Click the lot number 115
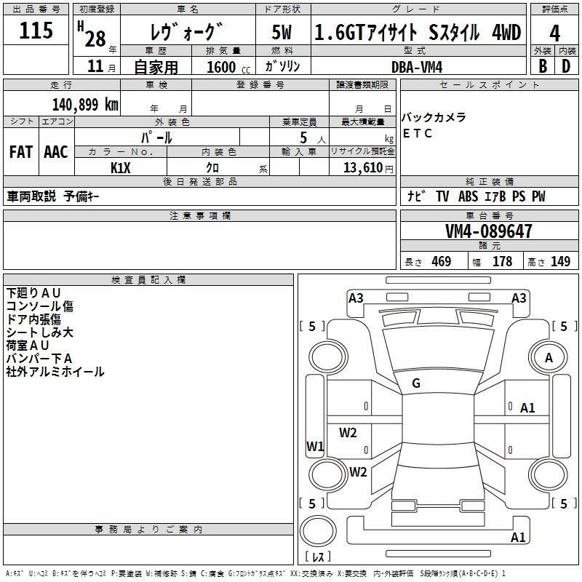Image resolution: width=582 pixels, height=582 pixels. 36,30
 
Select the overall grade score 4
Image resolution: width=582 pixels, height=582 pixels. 554,33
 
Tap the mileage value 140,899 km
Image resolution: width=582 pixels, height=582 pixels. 85,105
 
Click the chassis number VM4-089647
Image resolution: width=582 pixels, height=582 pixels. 488,231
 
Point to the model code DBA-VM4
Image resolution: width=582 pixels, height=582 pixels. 417,67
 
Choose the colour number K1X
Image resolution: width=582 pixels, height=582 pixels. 121,168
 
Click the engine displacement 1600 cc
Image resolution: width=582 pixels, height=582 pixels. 228,67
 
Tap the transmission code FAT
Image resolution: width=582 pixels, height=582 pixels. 21,152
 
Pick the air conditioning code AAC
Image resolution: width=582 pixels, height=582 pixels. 56,152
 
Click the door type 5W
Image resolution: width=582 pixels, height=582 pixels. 282,32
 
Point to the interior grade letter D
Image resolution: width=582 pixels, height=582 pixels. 566,66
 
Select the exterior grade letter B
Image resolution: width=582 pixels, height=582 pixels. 543,66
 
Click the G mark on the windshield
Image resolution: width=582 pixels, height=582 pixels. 416,383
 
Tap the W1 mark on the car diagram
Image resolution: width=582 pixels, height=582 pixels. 315,446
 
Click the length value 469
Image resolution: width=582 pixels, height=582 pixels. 442,261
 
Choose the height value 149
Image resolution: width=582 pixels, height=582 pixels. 560,261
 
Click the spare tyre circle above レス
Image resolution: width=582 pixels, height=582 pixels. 318,531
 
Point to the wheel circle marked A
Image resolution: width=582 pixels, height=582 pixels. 549,357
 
